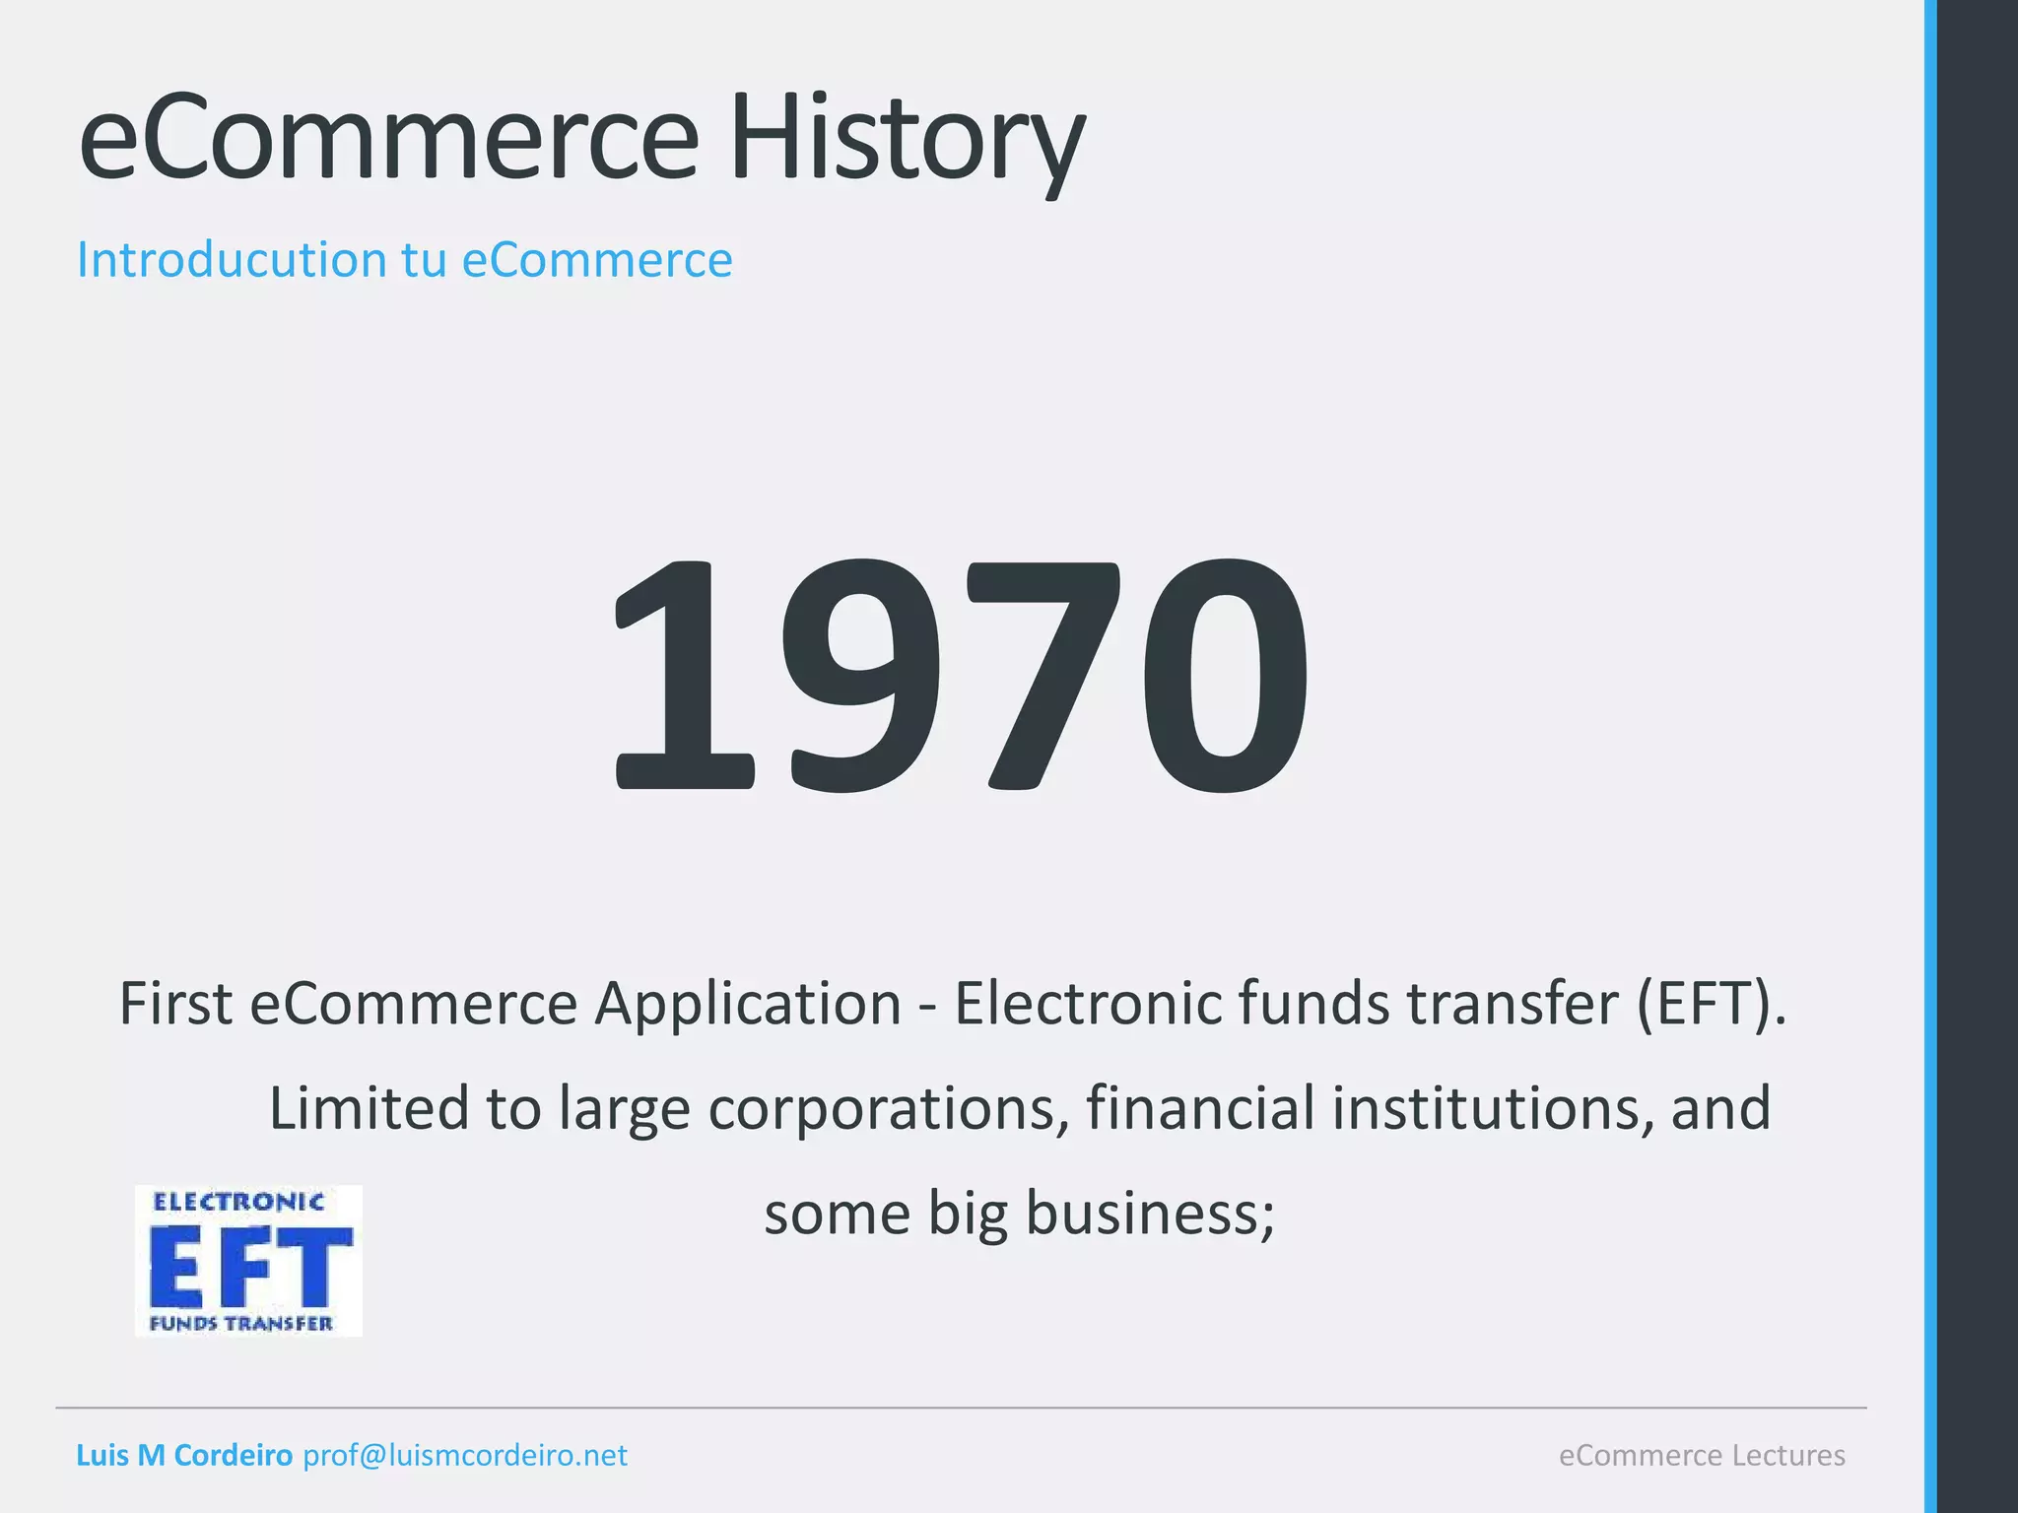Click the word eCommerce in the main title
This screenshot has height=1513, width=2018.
[x=388, y=138]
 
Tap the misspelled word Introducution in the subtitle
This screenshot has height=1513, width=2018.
[x=232, y=260]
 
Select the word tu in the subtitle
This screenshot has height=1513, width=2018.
[x=424, y=260]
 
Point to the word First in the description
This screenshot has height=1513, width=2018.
[x=175, y=1004]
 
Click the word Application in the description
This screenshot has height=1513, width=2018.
[x=747, y=1004]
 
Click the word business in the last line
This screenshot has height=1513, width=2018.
[x=1150, y=1213]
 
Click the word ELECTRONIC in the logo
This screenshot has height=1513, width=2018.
[x=238, y=1202]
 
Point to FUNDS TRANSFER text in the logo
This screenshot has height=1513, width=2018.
[x=241, y=1324]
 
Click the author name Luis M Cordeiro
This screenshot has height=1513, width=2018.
[x=184, y=1456]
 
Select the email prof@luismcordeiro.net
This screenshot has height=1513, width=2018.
[x=465, y=1456]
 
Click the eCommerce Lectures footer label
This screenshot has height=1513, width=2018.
[x=1702, y=1456]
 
